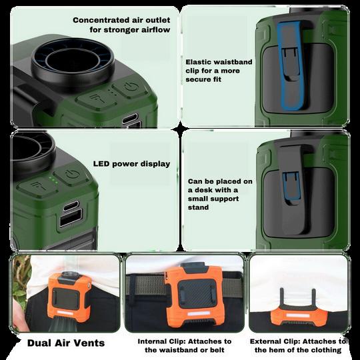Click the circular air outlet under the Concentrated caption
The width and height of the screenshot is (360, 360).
(73, 62)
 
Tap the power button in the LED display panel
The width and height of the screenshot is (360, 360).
(71, 175)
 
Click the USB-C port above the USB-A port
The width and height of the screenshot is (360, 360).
(71, 205)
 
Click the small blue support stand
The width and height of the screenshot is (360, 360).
(291, 185)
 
